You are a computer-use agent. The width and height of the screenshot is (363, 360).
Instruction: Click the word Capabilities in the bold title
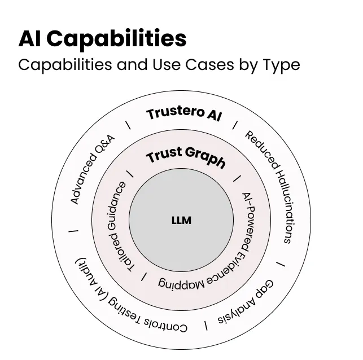(x=117, y=39)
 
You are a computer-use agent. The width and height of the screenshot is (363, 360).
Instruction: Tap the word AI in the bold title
(x=30, y=38)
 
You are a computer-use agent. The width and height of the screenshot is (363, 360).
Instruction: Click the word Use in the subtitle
(x=167, y=65)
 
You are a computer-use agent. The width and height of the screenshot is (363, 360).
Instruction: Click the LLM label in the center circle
(x=181, y=220)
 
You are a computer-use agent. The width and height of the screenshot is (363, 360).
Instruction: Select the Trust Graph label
(x=186, y=157)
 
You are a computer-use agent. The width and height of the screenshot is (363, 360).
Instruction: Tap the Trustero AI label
(x=184, y=113)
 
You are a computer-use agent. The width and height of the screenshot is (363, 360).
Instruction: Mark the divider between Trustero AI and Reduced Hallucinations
(x=235, y=125)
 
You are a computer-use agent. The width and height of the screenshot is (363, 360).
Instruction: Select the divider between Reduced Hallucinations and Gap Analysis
(x=281, y=264)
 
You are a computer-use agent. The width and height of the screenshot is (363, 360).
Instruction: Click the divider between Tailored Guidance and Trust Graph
(x=130, y=173)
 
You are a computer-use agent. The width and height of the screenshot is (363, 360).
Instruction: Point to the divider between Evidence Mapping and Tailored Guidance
(x=145, y=276)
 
